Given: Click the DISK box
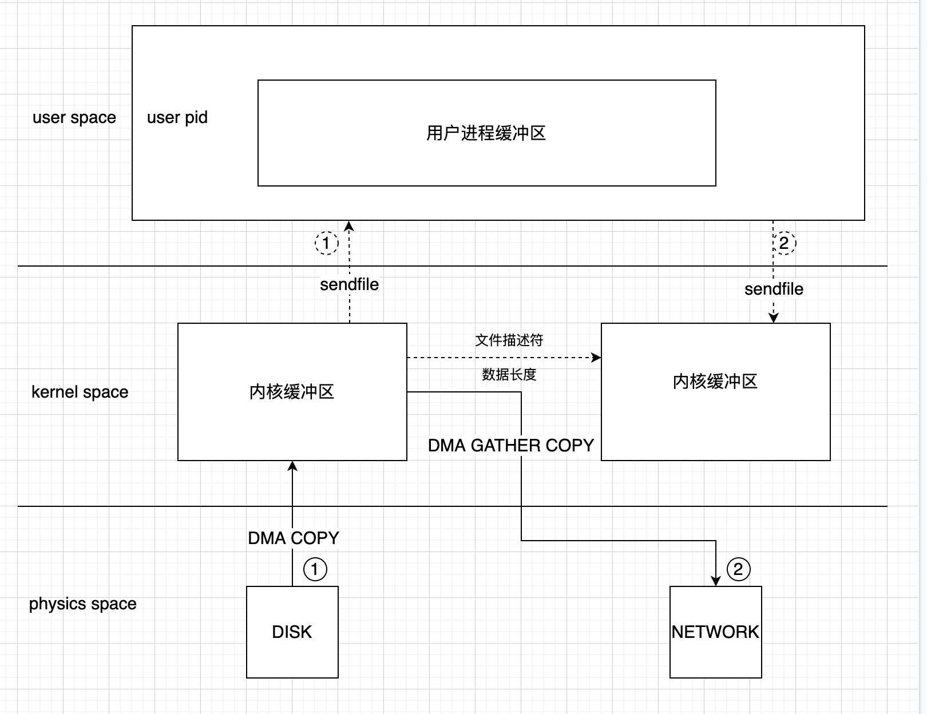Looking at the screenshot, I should (292, 632).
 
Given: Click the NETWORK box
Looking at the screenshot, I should (715, 632).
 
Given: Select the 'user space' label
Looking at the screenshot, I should (74, 117).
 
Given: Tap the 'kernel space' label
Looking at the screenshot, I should (80, 392).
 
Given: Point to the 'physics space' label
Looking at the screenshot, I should (83, 604).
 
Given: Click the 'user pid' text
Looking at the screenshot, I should (177, 117).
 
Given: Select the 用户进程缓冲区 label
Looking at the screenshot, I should (486, 133).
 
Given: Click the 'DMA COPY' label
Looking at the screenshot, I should (294, 538).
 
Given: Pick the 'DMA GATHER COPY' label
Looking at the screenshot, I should (511, 445).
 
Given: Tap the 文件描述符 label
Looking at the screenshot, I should (509, 340).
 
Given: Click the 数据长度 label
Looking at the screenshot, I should (509, 374).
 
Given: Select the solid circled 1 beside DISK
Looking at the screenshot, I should (315, 569).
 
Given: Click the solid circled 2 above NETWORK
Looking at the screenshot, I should (738, 569).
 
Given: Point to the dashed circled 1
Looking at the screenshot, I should (326, 243).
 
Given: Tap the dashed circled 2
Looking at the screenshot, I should (784, 243).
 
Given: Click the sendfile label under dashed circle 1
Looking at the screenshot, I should (349, 284).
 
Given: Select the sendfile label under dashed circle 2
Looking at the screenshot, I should (774, 289).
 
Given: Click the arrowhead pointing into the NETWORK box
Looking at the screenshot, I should (716, 581).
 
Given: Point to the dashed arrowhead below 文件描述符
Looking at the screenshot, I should (596, 358).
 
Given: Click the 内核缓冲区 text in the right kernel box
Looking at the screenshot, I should (715, 381).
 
